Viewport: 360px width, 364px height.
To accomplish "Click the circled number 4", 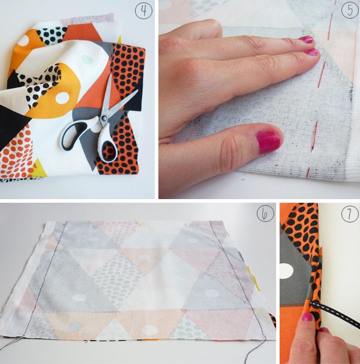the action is (x=144, y=11).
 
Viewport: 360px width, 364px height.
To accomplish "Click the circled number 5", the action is (x=350, y=10).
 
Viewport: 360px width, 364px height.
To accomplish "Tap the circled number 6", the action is (x=265, y=213).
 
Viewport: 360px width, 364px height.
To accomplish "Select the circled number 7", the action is (x=350, y=214).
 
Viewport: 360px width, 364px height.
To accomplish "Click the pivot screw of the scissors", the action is (x=103, y=118).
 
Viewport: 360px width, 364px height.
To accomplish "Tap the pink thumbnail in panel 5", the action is (x=269, y=142).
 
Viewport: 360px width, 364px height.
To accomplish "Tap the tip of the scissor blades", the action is (x=137, y=90).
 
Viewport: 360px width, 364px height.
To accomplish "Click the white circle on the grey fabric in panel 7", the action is (x=287, y=270).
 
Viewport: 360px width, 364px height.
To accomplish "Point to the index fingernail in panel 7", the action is (x=307, y=317).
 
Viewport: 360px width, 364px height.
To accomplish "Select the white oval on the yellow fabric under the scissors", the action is (x=62, y=98).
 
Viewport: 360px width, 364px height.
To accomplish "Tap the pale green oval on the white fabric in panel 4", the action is (x=86, y=59).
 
